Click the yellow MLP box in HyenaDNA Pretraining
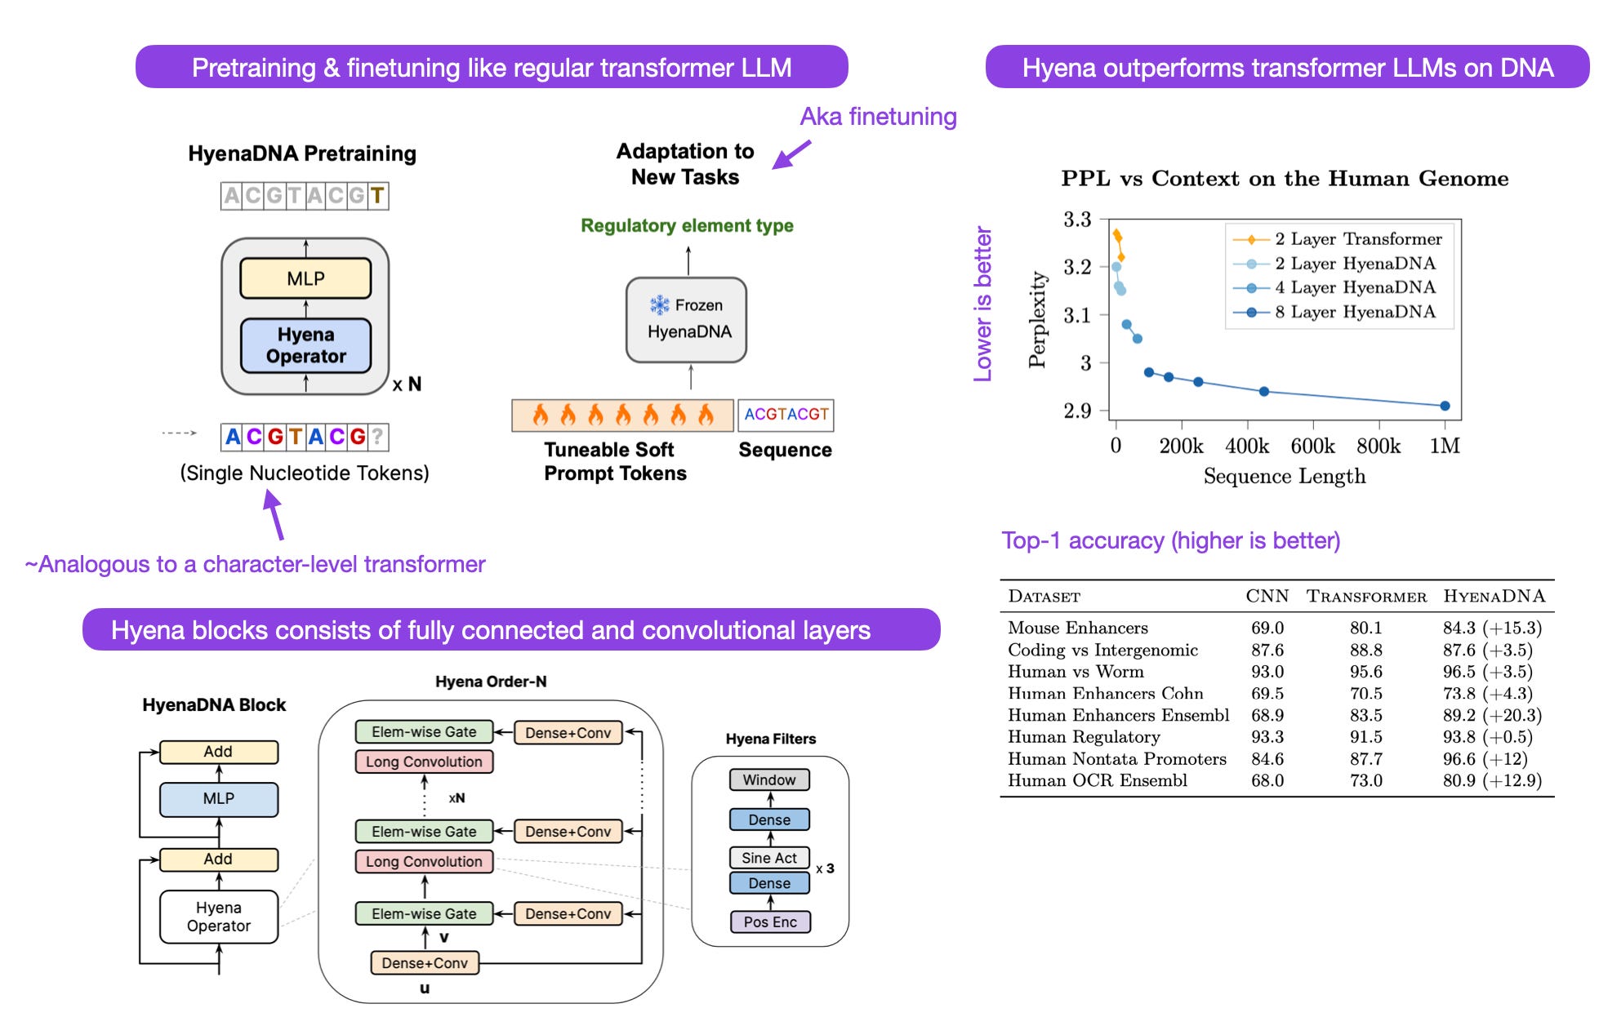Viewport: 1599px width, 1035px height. (x=305, y=278)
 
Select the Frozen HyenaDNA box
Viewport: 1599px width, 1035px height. (x=686, y=320)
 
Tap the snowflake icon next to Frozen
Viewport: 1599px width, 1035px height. (x=659, y=305)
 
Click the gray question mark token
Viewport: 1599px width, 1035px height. (x=377, y=437)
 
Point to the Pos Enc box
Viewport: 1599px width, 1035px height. (x=769, y=922)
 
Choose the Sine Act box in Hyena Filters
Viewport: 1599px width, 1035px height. (x=769, y=858)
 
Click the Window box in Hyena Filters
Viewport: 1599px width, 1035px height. (x=769, y=780)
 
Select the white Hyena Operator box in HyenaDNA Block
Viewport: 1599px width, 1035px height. (x=218, y=917)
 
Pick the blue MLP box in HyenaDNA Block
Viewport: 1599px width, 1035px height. (x=218, y=798)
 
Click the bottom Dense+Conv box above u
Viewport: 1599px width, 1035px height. (x=425, y=963)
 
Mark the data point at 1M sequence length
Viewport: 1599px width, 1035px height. (x=1445, y=406)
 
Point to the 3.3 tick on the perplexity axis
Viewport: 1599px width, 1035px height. (x=1077, y=220)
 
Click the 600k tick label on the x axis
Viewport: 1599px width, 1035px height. (x=1312, y=446)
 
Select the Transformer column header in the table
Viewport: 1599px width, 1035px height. (x=1366, y=597)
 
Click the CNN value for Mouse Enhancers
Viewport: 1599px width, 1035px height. (x=1267, y=628)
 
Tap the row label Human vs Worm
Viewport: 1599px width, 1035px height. (x=1076, y=672)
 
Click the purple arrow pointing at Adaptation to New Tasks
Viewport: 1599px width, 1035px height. (x=791, y=154)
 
